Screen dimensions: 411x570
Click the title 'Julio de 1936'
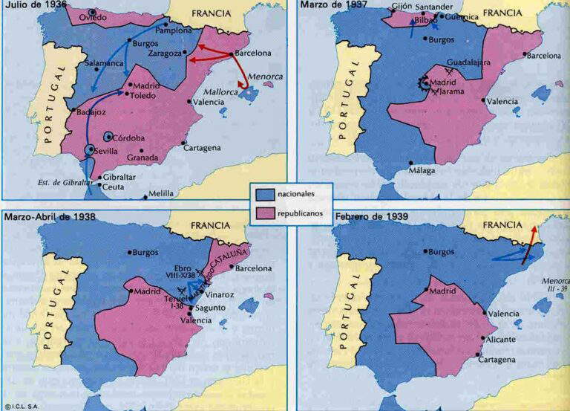(33, 6)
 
